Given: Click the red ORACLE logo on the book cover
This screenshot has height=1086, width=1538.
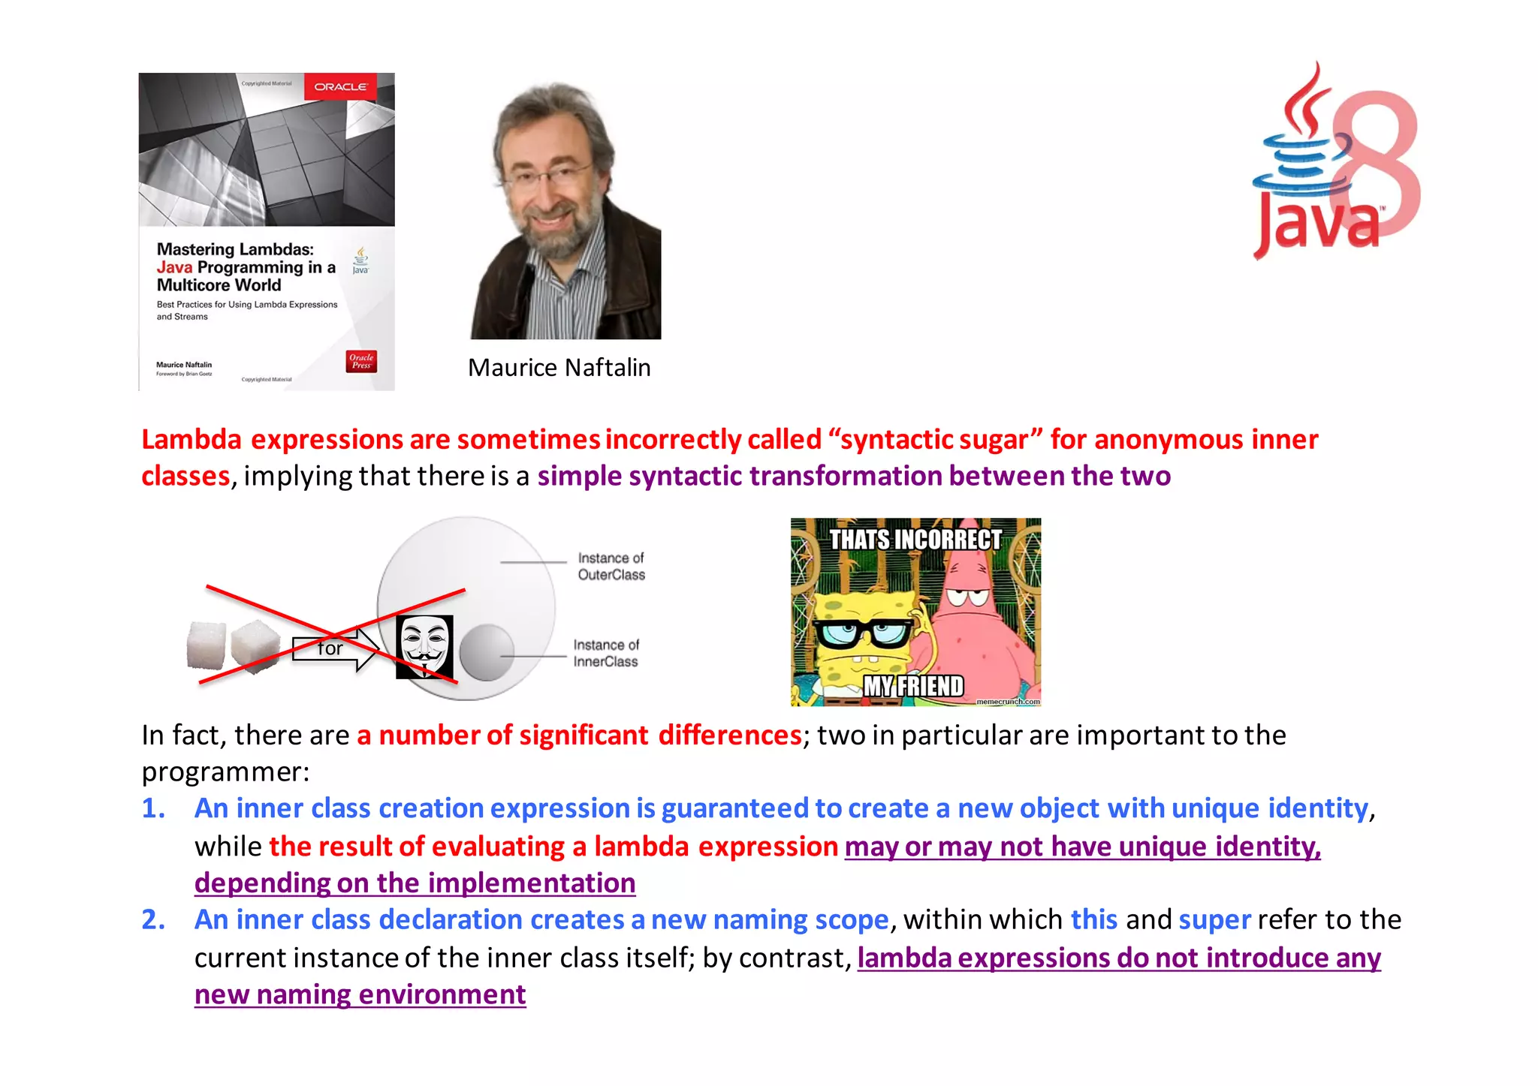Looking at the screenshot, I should (340, 87).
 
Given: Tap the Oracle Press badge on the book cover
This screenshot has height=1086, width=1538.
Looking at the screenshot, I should (361, 361).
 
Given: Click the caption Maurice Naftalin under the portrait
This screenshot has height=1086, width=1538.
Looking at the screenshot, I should (559, 368).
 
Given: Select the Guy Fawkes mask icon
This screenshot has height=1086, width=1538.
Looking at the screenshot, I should (424, 646).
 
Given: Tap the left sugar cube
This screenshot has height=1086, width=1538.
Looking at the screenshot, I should (206, 644).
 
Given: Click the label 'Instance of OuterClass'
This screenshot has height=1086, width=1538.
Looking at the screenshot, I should (611, 567).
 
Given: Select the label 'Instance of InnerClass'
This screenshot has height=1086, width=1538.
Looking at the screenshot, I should (605, 653).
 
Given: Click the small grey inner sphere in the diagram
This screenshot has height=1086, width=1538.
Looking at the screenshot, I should (486, 652).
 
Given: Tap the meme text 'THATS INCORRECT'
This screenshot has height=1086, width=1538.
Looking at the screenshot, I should (915, 539).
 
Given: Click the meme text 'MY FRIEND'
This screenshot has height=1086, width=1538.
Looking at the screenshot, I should (913, 686).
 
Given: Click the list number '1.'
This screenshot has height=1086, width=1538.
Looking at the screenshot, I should (153, 808).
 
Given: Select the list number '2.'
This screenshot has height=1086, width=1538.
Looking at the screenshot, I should (153, 919).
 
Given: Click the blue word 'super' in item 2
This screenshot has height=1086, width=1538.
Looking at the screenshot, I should (1214, 919).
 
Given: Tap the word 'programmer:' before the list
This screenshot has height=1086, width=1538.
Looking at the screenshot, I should (225, 772).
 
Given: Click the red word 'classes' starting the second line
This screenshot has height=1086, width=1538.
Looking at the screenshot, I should (185, 476).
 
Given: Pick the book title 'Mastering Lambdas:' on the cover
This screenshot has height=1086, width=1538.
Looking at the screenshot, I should (235, 249).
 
